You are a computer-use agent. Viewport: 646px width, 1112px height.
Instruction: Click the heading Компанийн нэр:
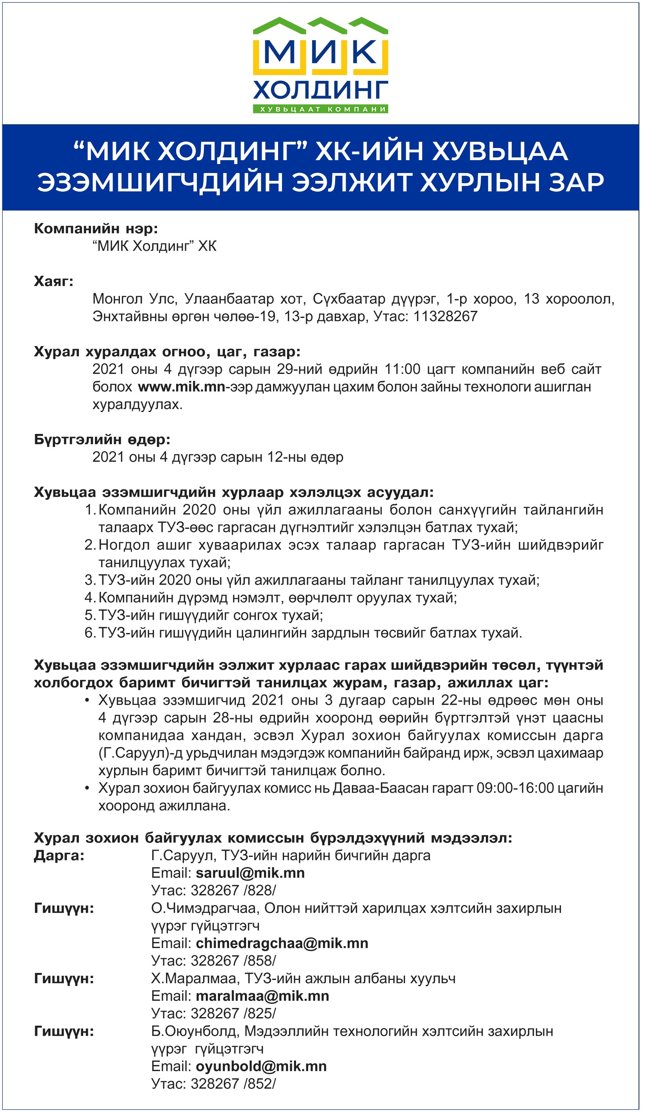[96, 228]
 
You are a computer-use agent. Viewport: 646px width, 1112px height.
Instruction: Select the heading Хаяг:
[54, 281]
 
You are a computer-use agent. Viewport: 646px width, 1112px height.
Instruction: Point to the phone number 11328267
[445, 316]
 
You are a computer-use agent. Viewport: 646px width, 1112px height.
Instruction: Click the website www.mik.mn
[181, 387]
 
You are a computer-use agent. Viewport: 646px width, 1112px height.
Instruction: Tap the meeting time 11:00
[402, 369]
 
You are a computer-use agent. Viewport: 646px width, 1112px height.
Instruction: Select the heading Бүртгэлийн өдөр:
[102, 439]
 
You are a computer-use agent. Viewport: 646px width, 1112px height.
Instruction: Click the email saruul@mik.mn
[250, 873]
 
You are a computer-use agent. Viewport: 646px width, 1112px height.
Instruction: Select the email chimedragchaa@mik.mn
[282, 943]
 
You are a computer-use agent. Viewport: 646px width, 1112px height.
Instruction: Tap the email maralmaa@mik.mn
[262, 996]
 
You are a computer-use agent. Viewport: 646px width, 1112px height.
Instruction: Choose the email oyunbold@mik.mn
[261, 1067]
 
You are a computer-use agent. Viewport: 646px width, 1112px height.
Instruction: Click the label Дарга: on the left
[59, 855]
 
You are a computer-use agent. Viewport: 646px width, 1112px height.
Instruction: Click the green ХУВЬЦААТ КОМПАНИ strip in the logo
[320, 109]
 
